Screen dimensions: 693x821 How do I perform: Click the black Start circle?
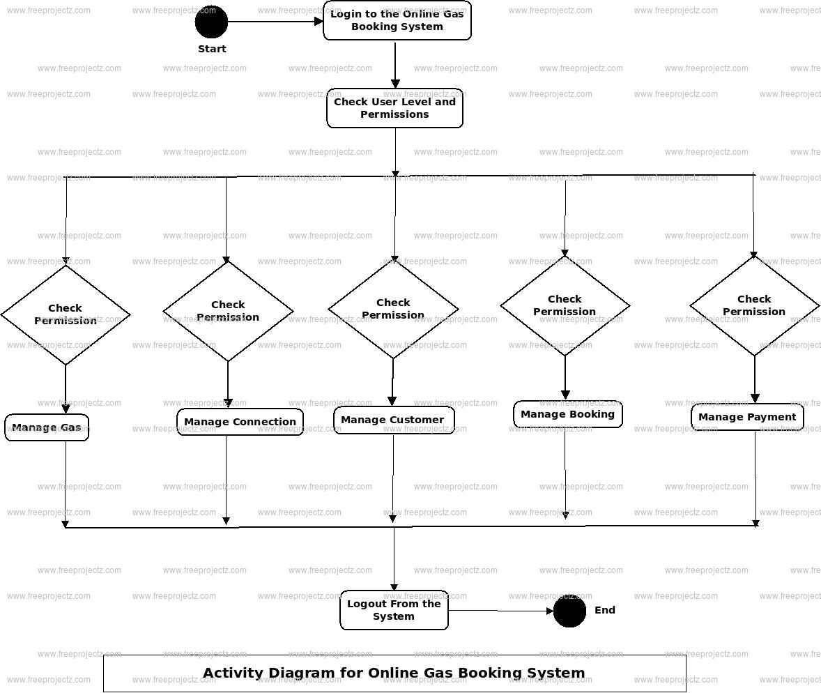click(x=211, y=22)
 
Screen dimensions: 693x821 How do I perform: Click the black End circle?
click(x=569, y=611)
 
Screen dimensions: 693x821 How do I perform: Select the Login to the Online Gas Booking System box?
click(x=397, y=20)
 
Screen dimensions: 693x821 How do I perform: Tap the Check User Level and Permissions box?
click(x=394, y=108)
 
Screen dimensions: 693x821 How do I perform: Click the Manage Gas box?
click(x=47, y=427)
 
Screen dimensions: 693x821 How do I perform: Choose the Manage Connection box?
click(x=240, y=422)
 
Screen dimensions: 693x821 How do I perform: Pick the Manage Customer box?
click(x=393, y=420)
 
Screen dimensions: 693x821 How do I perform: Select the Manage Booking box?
click(x=567, y=414)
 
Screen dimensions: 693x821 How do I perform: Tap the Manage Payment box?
click(x=747, y=417)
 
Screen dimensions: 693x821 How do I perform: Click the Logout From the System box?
click(x=394, y=610)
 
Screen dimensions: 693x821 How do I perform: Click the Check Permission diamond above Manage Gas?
click(x=66, y=314)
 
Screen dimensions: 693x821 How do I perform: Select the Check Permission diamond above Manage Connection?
click(x=228, y=311)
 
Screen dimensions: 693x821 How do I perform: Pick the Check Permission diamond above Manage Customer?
click(x=393, y=309)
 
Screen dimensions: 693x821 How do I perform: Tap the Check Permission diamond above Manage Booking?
click(x=565, y=305)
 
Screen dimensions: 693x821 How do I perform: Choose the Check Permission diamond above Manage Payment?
click(x=754, y=305)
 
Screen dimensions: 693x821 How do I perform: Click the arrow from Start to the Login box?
click(x=275, y=22)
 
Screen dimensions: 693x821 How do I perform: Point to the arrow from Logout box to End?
click(x=500, y=611)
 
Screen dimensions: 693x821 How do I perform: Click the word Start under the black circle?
click(x=212, y=49)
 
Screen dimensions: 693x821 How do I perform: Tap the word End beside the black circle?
click(x=605, y=610)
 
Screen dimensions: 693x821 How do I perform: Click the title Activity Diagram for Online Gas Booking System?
click(x=394, y=673)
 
